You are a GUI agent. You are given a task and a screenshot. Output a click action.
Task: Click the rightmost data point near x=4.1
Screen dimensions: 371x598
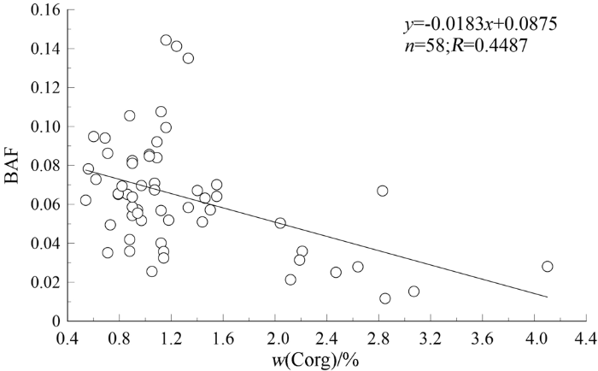point(548,267)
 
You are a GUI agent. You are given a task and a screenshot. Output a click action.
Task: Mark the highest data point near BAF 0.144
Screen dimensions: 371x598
point(166,40)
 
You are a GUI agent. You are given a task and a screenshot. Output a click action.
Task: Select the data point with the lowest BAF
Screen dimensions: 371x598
point(385,298)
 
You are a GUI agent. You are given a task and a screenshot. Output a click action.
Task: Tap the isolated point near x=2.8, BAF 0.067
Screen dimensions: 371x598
point(383,191)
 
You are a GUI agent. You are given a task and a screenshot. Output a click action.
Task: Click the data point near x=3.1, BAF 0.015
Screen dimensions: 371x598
point(413,291)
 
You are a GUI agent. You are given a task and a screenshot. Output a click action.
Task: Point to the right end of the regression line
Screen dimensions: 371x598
point(548,297)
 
